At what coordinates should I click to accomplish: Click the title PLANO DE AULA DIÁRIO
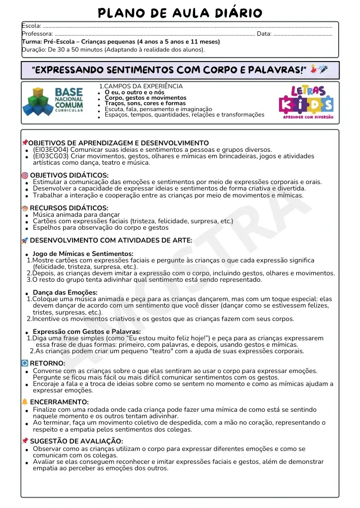coord(180,12)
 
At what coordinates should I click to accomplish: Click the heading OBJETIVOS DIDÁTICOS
coord(69,175)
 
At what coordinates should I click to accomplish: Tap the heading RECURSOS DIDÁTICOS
coord(69,208)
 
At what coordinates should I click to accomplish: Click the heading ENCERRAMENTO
coord(60,402)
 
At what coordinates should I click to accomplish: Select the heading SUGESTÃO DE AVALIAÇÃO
coord(76,441)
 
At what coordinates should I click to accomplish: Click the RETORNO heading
coord(48,363)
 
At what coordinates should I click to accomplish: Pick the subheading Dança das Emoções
coord(65,292)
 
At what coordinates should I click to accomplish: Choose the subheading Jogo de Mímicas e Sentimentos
coord(83,254)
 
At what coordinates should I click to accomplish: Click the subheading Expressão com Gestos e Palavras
coord(86,331)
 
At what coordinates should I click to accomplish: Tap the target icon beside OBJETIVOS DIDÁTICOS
coord(25,175)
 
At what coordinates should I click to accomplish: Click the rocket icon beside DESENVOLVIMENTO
coord(25,241)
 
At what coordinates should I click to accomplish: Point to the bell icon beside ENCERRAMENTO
coord(25,402)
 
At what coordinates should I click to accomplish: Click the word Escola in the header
coord(31,26)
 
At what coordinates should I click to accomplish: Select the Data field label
coord(264,34)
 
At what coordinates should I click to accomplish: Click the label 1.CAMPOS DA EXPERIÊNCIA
coord(141,86)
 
